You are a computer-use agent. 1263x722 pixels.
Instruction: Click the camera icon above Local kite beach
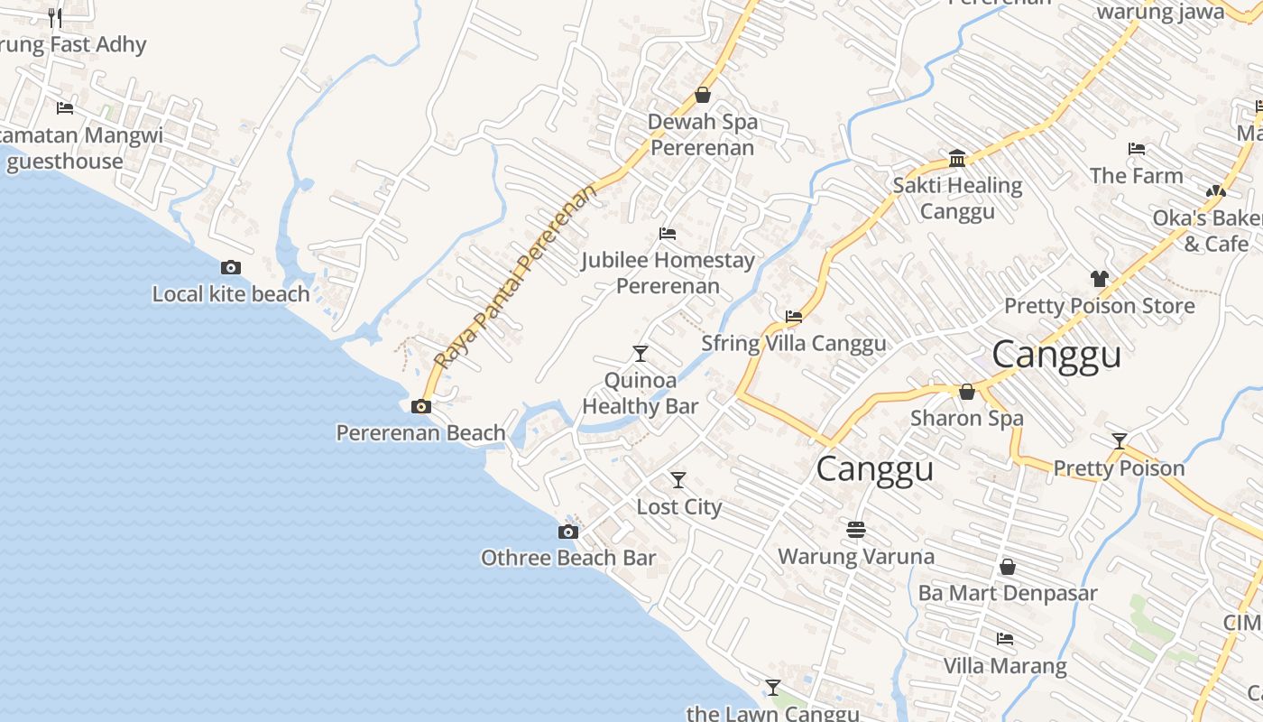[x=231, y=267]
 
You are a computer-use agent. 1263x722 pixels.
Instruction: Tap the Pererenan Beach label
[x=420, y=433]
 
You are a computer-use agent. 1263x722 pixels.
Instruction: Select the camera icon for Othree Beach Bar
[x=568, y=532]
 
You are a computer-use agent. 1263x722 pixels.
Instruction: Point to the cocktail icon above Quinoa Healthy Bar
[x=641, y=353]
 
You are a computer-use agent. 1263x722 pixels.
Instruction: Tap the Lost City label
[x=679, y=507]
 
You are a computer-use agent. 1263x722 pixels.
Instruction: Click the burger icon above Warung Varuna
[x=856, y=528]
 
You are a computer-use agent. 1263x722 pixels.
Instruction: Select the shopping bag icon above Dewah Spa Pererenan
[x=703, y=95]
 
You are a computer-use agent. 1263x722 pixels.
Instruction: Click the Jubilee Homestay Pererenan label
[x=668, y=273]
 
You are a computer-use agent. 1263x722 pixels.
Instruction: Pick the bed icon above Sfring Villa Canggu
[x=794, y=317]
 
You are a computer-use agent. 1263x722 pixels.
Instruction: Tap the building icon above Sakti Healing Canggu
[x=957, y=160]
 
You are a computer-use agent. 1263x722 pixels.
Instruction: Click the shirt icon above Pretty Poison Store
[x=1099, y=279]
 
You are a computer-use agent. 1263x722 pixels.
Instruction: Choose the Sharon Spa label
[x=966, y=419]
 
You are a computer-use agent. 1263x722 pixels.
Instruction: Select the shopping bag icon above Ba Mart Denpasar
[x=1008, y=567]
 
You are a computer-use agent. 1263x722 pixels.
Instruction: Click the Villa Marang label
[x=1005, y=666]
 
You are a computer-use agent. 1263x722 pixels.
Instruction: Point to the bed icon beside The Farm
[x=1137, y=149]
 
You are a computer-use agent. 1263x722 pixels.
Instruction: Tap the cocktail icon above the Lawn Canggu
[x=772, y=687]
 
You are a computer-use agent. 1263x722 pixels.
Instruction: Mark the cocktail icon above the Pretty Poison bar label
[x=1120, y=441]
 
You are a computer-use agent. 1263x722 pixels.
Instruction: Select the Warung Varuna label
[x=856, y=556]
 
